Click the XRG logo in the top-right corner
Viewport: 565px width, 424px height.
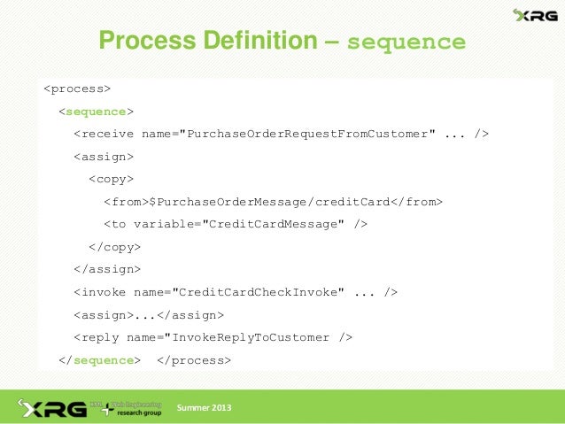point(534,15)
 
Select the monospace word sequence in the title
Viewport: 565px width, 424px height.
point(406,42)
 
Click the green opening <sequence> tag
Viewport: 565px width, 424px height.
point(96,112)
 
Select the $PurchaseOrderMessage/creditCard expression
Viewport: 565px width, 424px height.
point(270,202)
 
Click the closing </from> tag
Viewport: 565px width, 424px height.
point(415,202)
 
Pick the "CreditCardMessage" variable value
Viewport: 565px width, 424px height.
point(275,225)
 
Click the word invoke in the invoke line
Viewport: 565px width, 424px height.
point(104,292)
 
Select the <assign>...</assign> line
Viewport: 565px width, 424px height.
point(148,314)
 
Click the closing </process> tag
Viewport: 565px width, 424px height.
point(193,360)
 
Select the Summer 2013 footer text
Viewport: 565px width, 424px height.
point(204,408)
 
